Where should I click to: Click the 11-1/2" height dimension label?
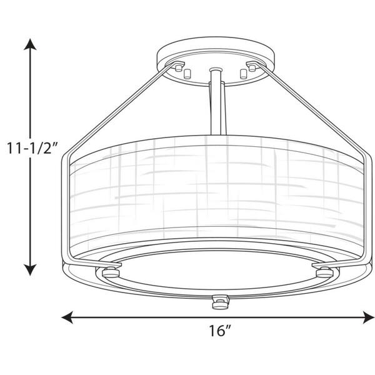click(32, 148)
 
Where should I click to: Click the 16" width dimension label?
click(220, 331)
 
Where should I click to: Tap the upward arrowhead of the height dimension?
click(30, 45)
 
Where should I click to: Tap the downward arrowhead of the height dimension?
click(30, 269)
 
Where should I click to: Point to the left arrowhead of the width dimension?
click(67, 317)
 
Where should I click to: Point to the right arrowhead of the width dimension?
click(368, 317)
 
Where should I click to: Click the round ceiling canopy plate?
click(216, 61)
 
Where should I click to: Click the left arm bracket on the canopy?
click(176, 66)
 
